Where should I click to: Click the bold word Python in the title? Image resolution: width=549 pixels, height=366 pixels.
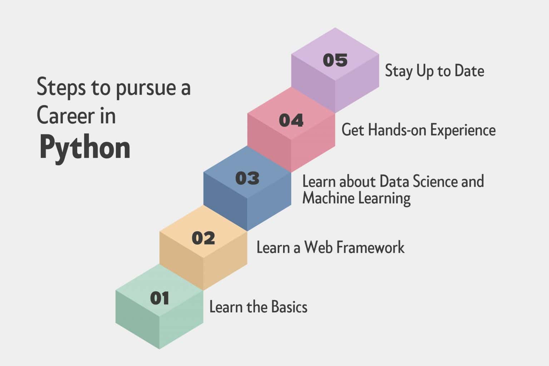click(x=85, y=148)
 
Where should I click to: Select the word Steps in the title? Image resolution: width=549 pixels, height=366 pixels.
click(x=61, y=88)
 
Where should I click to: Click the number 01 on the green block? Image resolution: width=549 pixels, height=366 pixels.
click(x=159, y=298)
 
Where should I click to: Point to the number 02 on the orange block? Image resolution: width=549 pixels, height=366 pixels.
click(x=203, y=238)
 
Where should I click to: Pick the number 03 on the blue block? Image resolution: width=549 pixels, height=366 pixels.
click(x=247, y=178)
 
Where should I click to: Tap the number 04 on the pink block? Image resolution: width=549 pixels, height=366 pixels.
click(x=291, y=120)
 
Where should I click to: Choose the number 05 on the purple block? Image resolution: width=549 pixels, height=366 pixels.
click(x=335, y=60)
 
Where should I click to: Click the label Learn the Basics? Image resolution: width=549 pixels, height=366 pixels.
click(x=258, y=307)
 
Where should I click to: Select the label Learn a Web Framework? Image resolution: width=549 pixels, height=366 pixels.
click(x=330, y=247)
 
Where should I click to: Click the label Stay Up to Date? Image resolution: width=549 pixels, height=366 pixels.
click(x=434, y=71)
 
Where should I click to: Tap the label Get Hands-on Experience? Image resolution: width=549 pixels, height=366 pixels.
click(x=418, y=130)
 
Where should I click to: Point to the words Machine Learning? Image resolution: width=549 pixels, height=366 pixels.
click(x=356, y=198)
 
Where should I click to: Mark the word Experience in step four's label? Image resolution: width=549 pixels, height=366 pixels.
click(x=463, y=130)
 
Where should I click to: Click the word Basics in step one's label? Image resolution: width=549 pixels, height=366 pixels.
click(x=289, y=307)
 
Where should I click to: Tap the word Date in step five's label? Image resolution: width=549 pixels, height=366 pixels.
click(x=469, y=71)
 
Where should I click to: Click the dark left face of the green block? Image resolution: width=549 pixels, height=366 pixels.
click(x=137, y=320)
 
